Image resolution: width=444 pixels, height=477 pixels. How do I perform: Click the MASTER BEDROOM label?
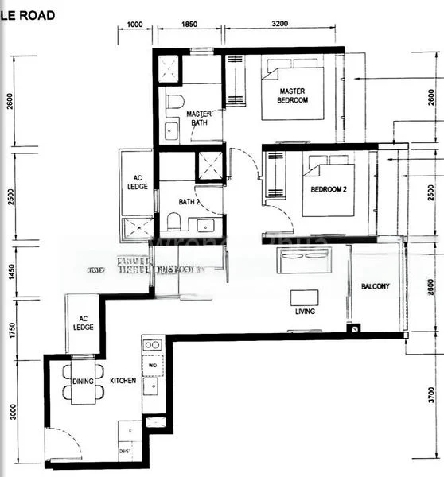(292, 97)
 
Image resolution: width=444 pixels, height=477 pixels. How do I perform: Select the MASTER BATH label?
(198, 118)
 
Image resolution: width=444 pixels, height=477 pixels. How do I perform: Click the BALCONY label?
(375, 285)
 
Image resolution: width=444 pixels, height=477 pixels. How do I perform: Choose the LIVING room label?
(305, 312)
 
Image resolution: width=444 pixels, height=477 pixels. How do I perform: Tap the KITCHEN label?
(123, 382)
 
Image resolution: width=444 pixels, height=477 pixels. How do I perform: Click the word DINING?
(84, 382)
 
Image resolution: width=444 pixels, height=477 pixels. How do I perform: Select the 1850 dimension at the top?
(189, 25)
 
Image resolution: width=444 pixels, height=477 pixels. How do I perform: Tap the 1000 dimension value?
(135, 25)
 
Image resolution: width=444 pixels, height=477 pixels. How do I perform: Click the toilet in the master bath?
(175, 102)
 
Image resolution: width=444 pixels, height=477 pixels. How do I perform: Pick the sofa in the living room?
(302, 259)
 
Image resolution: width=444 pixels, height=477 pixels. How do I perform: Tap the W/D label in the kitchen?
(153, 366)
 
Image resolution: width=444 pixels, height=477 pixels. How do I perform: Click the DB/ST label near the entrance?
(125, 450)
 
